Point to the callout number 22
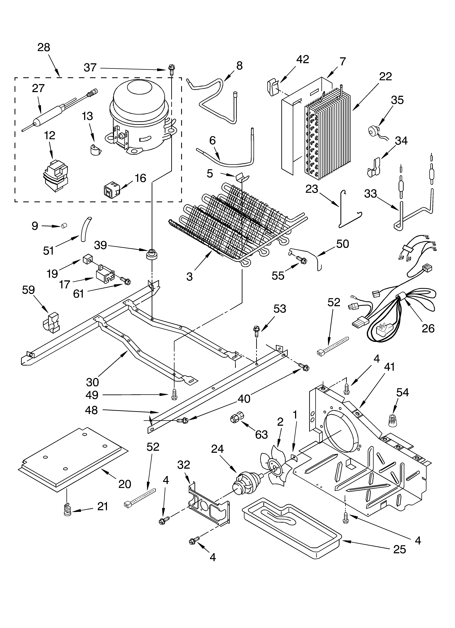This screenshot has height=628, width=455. (385, 76)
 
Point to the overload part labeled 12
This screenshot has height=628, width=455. (55, 176)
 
